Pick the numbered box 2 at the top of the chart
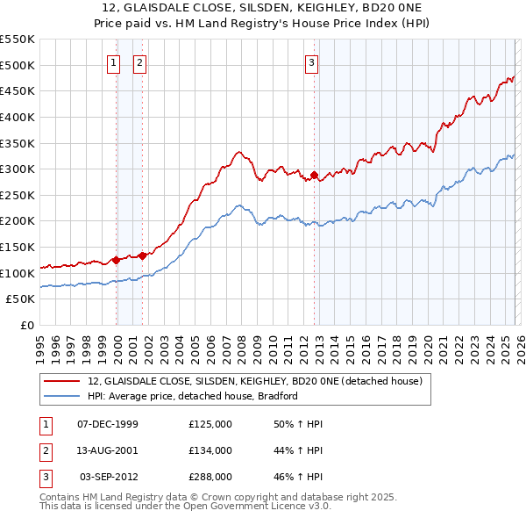[139, 61]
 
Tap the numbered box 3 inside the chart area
[311, 61]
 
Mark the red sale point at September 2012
[314, 176]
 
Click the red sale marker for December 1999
[116, 260]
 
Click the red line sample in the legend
[60, 382]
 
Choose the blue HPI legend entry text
[193, 396]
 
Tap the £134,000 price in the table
[210, 450]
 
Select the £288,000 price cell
[210, 477]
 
